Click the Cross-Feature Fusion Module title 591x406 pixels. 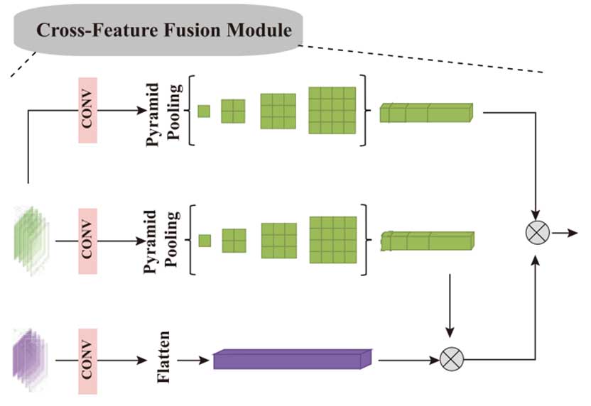pos(164,31)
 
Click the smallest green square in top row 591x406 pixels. pos(204,111)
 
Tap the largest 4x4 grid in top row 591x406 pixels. pos(332,111)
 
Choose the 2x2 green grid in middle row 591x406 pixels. pos(234,241)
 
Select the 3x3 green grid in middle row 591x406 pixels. pos(278,241)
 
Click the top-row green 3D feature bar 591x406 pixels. pos(425,112)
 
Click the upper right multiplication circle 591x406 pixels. pos(537,232)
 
